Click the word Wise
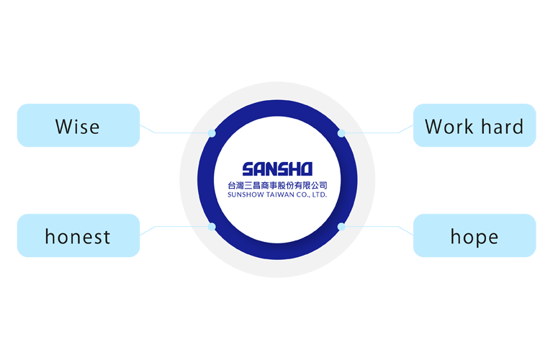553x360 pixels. (x=78, y=127)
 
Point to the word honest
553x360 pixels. (x=78, y=236)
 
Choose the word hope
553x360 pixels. (x=474, y=237)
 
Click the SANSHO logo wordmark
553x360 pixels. (x=276, y=169)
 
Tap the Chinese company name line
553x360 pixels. (x=276, y=185)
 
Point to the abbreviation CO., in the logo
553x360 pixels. (x=305, y=194)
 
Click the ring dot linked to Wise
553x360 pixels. (x=212, y=133)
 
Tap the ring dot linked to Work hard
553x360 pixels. (x=341, y=133)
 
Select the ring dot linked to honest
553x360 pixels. (x=212, y=227)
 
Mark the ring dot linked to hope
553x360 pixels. (x=341, y=227)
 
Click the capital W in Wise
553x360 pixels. (x=63, y=127)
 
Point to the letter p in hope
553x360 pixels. (x=477, y=238)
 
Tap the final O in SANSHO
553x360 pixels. (x=305, y=169)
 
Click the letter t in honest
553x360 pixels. (x=107, y=236)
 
